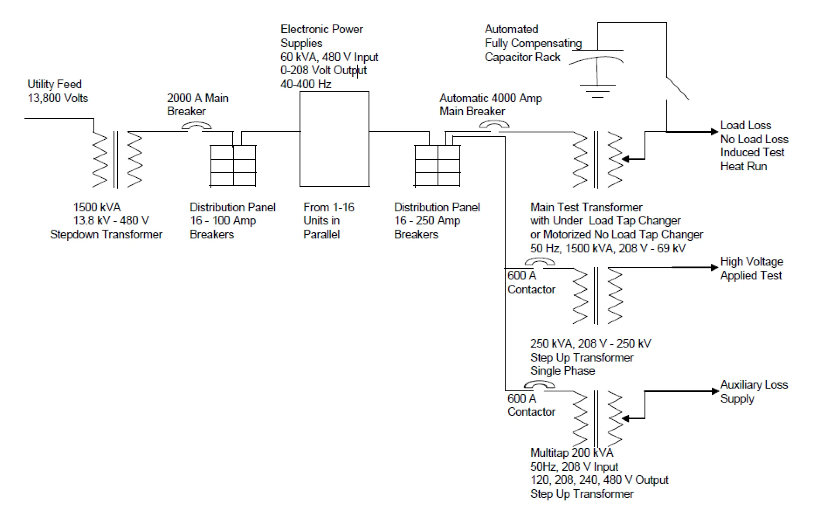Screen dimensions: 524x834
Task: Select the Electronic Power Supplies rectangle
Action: click(334, 139)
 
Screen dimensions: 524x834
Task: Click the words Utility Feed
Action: click(55, 84)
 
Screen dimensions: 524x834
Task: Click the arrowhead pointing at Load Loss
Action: click(714, 132)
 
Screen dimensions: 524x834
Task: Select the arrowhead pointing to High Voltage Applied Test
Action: click(714, 267)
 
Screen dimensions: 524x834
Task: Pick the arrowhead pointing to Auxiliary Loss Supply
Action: click(714, 391)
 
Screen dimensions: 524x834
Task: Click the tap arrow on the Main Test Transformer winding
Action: click(626, 159)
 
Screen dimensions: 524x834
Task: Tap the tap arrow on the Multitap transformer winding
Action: click(626, 418)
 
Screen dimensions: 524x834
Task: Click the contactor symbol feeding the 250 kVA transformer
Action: click(540, 262)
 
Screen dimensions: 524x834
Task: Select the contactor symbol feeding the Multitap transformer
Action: click(540, 385)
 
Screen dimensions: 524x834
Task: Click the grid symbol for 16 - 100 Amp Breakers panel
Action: click(233, 165)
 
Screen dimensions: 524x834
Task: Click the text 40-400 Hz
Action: click(306, 84)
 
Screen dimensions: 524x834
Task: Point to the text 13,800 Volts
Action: click(58, 98)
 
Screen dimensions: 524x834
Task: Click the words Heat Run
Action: click(743, 166)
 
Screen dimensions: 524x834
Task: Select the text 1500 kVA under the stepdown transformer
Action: click(97, 207)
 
